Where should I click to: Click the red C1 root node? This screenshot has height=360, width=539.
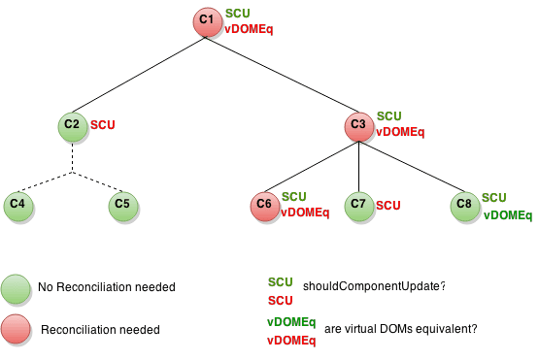click(206, 22)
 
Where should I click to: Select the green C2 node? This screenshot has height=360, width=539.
click(72, 127)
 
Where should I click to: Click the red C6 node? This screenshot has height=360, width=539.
click(264, 206)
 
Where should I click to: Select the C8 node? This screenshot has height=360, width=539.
click(465, 206)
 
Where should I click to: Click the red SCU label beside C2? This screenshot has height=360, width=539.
click(102, 125)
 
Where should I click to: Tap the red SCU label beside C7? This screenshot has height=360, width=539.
click(388, 205)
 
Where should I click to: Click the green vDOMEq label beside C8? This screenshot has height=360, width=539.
click(507, 213)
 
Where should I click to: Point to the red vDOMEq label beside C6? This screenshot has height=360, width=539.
click(305, 213)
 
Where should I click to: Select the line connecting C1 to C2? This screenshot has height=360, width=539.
click(136, 76)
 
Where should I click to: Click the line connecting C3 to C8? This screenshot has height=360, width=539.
click(413, 167)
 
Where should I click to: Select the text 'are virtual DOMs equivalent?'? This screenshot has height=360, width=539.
click(401, 329)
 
